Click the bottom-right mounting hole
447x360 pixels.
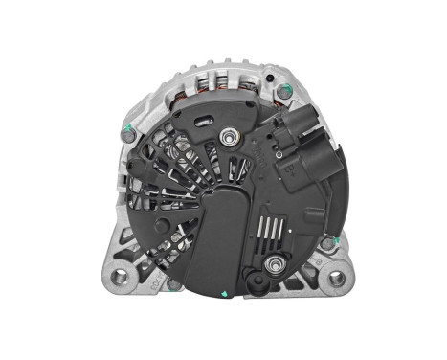tap(337, 279)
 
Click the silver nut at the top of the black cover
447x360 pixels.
tap(229, 140)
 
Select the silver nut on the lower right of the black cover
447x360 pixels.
tap(277, 262)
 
